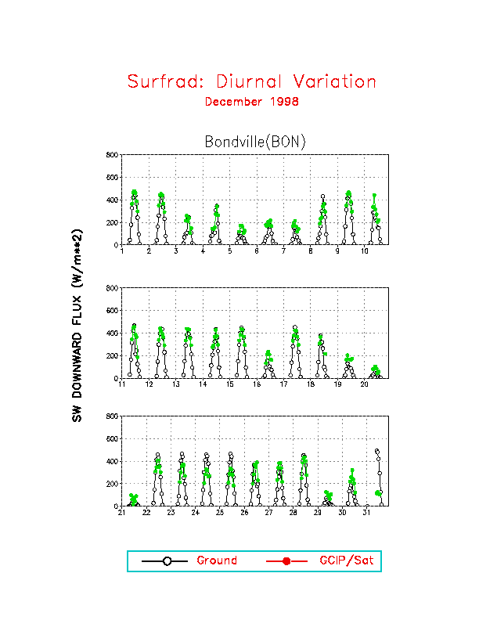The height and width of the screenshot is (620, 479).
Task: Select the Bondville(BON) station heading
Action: click(254, 142)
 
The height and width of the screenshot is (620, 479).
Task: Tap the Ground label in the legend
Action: click(217, 561)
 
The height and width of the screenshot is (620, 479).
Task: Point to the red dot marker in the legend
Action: click(286, 561)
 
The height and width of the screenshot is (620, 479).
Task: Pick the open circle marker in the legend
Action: click(164, 561)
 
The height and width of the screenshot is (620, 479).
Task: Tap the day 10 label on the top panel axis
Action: click(365, 251)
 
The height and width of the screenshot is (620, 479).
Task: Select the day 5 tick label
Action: click(230, 251)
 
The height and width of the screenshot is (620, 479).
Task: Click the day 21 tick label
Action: click(122, 513)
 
